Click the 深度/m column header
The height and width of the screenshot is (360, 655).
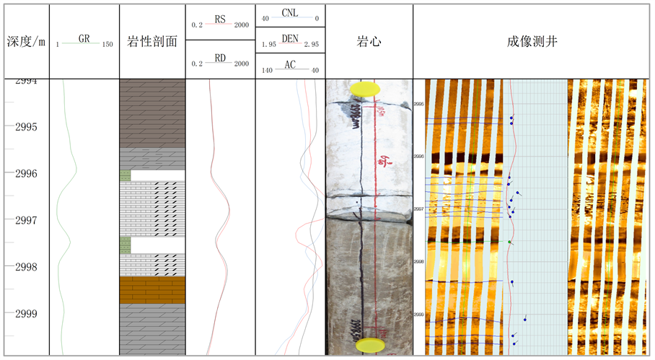pyautogui.click(x=25, y=42)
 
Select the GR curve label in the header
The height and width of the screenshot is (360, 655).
pyautogui.click(x=84, y=39)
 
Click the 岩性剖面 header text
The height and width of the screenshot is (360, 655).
pyautogui.click(x=152, y=42)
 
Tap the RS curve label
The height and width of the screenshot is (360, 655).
pyautogui.click(x=221, y=19)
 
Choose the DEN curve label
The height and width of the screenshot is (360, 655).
pyautogui.click(x=290, y=39)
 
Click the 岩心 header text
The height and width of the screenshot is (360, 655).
pyautogui.click(x=369, y=42)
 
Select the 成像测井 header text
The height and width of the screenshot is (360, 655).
pyautogui.click(x=532, y=42)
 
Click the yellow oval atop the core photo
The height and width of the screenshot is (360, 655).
pyautogui.click(x=365, y=89)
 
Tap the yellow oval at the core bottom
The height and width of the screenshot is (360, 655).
pyautogui.click(x=370, y=346)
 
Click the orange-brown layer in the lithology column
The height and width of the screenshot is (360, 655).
pyautogui.click(x=152, y=290)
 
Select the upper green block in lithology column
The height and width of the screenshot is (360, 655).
pyautogui.click(x=125, y=175)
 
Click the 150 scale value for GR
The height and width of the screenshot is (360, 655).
pyautogui.click(x=107, y=45)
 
